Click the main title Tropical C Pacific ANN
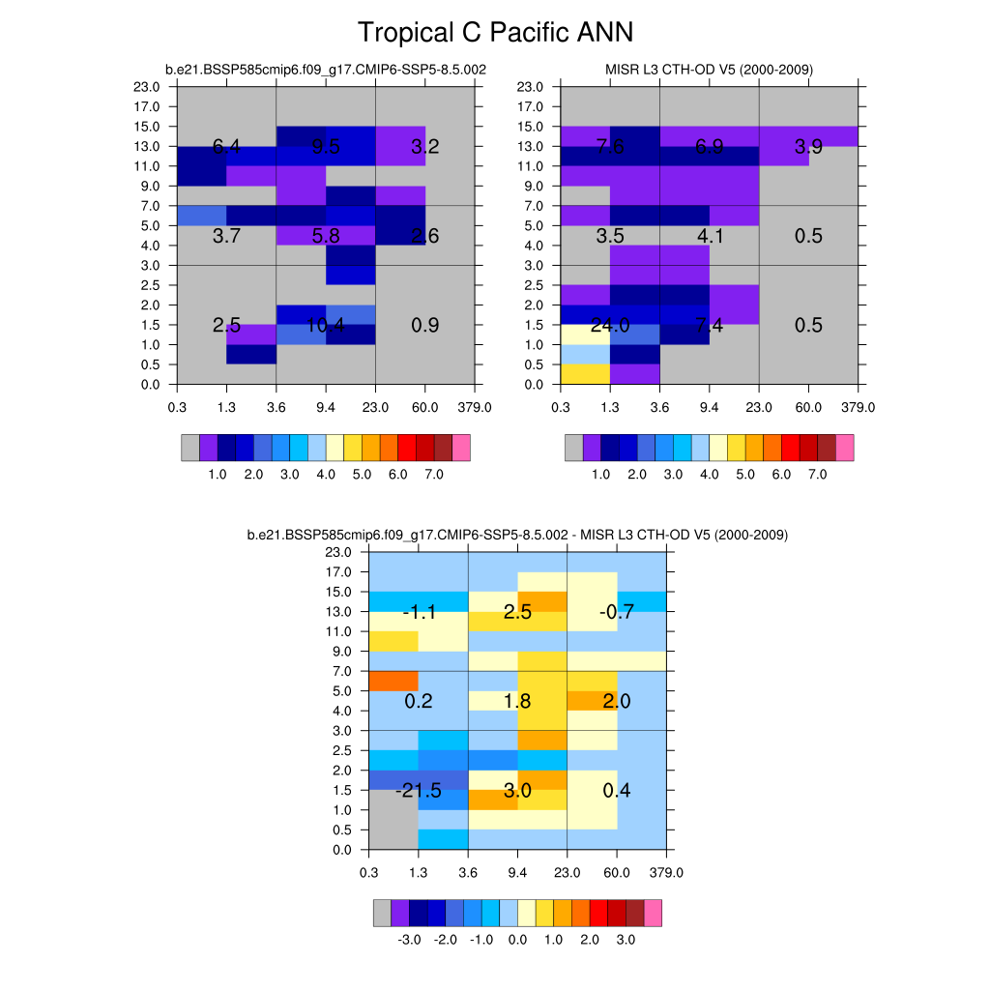pyautogui.click(x=495, y=32)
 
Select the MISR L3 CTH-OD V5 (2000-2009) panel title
pyautogui.click(x=709, y=70)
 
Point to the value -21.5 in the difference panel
pyautogui.click(x=419, y=792)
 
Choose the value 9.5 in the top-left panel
pyautogui.click(x=326, y=147)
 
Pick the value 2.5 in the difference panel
pyautogui.click(x=518, y=612)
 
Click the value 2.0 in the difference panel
pyautogui.click(x=617, y=702)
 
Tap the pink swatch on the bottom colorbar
pyautogui.click(x=653, y=913)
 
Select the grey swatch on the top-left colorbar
pyautogui.click(x=190, y=447)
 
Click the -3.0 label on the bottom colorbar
pyautogui.click(x=409, y=940)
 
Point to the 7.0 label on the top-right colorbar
pyautogui.click(x=818, y=475)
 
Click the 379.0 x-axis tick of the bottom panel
pyautogui.click(x=666, y=873)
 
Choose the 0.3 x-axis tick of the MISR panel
pyautogui.click(x=561, y=407)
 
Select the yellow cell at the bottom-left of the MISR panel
pyautogui.click(x=585, y=374)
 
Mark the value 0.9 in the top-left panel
pyautogui.click(x=425, y=326)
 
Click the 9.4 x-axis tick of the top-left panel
pyautogui.click(x=326, y=407)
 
